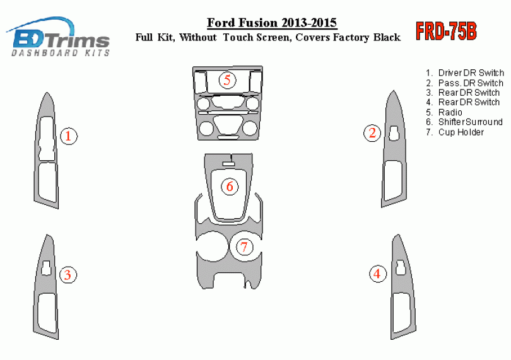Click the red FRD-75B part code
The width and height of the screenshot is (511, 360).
(x=446, y=32)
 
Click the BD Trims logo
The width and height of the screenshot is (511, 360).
(x=58, y=37)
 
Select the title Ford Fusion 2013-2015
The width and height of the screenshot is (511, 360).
(x=272, y=23)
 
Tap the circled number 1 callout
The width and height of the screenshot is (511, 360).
(x=69, y=136)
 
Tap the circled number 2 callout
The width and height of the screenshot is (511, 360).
(x=372, y=133)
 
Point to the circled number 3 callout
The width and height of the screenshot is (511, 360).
(x=68, y=274)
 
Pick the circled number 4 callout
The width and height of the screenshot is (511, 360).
(x=378, y=274)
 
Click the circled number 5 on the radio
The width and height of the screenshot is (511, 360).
(x=228, y=80)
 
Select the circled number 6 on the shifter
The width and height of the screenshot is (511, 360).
(x=230, y=187)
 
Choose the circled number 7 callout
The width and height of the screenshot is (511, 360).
(x=244, y=247)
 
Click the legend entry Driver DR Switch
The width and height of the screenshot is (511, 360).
(x=465, y=73)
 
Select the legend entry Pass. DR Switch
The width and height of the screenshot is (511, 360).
(x=464, y=83)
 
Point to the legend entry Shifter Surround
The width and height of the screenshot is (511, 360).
(x=464, y=122)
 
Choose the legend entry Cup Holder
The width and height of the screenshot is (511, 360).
(x=455, y=132)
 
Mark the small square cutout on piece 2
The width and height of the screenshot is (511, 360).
(x=394, y=133)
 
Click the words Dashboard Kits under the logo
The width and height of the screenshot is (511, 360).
(x=61, y=53)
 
